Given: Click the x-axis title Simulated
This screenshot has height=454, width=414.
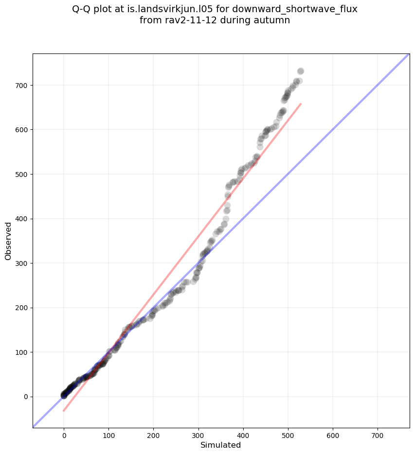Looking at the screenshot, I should click(x=221, y=445).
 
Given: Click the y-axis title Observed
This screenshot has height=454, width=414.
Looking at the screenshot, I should click(x=8, y=241).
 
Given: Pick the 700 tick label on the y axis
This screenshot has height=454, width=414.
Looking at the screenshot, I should click(x=21, y=86).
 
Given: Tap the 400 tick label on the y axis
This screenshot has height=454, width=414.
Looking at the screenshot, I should click(x=21, y=219).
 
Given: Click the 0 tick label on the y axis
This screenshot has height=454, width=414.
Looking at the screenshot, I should click(x=25, y=397).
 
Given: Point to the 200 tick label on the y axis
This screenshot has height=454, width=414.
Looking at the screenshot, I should click(x=21, y=308).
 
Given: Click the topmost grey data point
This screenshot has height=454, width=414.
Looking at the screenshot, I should click(x=301, y=71).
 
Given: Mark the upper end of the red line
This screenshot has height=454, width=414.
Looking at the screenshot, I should click(x=301, y=104).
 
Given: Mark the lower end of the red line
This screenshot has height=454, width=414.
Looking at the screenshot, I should click(x=64, y=411).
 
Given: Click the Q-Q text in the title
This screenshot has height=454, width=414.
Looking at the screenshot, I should click(x=82, y=9).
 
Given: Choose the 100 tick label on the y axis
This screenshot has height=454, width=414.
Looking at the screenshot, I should click(x=21, y=352).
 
